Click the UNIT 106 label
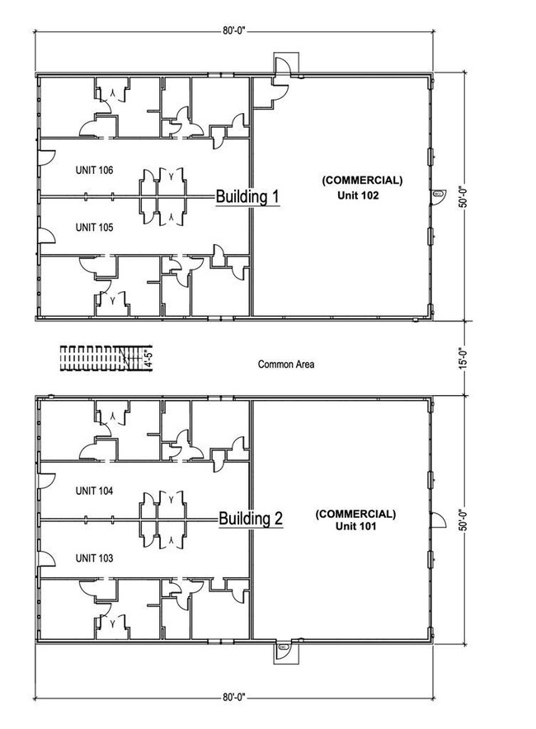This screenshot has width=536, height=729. [x=94, y=171]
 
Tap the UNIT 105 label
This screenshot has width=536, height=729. [x=94, y=227]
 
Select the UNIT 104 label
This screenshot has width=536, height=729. [x=94, y=491]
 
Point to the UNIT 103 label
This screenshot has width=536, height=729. [x=94, y=558]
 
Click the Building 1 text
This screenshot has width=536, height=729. [x=247, y=197]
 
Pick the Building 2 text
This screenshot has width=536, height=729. [x=251, y=519]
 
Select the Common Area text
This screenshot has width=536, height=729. [x=286, y=364]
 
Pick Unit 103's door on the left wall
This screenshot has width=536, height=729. [x=47, y=561]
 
